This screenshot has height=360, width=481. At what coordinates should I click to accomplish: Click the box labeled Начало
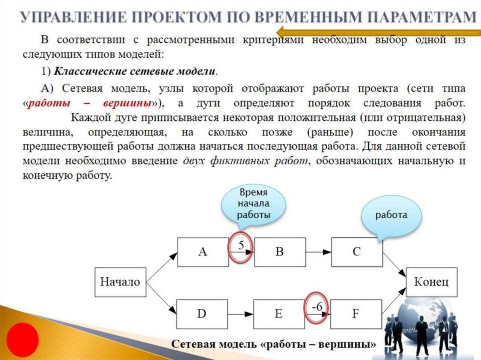tap(120, 282)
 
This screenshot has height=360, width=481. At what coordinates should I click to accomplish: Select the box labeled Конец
tap(430, 282)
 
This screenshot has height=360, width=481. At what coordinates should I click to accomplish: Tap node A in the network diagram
tap(202, 252)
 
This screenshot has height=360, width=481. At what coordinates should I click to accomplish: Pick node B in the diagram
tap(279, 252)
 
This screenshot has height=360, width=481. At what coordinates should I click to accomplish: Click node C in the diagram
tap(357, 252)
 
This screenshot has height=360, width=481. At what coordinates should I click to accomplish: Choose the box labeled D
tap(202, 314)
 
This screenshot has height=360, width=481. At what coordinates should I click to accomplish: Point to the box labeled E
tap(279, 314)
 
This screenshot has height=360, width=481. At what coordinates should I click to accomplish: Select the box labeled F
tap(356, 314)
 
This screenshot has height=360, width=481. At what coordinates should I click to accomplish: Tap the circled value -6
tap(317, 307)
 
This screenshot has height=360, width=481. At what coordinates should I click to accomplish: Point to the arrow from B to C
tap(318, 252)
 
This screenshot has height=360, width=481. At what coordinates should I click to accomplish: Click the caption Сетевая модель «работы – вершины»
tap(273, 345)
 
